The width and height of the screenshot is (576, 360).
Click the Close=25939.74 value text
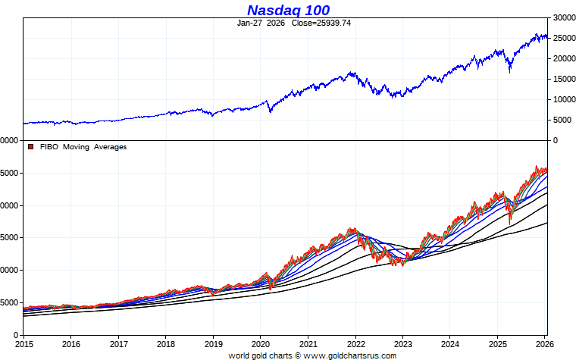tap(321, 23)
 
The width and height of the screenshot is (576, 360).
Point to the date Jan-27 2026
tap(261, 23)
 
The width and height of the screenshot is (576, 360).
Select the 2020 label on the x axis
tap(260, 343)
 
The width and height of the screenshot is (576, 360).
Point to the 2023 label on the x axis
tap(402, 343)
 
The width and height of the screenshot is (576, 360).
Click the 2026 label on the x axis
tap(544, 343)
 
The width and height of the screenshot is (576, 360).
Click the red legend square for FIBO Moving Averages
tap(31, 147)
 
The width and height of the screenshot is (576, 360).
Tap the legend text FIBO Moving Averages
tap(83, 147)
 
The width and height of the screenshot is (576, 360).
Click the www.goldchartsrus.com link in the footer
tap(350, 355)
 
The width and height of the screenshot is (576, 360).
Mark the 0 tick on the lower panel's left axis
tap(15, 335)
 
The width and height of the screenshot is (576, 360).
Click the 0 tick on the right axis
tap(556, 140)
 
